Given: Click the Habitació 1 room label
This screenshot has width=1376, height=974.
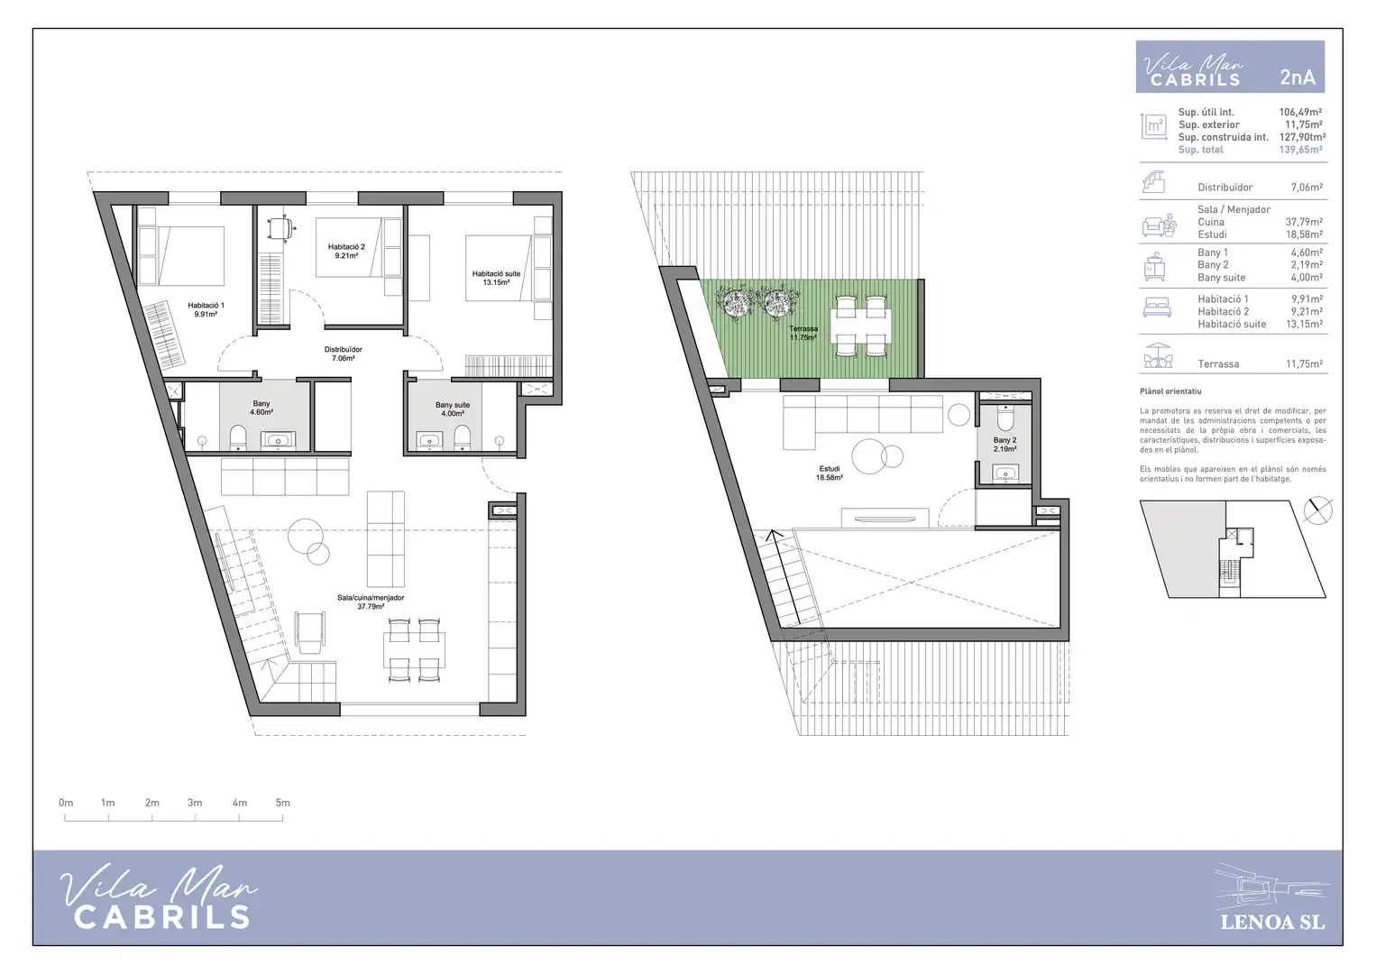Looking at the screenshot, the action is (206, 309).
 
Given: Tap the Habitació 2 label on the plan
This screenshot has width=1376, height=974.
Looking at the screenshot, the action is (346, 252).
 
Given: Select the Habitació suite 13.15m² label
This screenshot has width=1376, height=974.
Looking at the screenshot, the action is (496, 279).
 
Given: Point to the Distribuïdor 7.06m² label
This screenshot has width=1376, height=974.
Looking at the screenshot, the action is (343, 354).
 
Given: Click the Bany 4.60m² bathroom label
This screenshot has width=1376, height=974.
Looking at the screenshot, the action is (261, 408).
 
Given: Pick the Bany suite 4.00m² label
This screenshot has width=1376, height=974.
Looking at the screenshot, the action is (453, 409).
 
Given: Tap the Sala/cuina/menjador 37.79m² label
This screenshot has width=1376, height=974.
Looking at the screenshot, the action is (371, 602).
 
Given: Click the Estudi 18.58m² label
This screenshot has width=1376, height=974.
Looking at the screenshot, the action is (830, 473).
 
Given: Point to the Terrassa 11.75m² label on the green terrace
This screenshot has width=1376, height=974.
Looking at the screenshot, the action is (803, 333).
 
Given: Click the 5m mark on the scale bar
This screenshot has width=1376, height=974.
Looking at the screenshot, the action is (282, 803).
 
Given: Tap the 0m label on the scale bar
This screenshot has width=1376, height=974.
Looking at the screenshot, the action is (66, 803).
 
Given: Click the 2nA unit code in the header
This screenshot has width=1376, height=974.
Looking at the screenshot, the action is (1298, 78).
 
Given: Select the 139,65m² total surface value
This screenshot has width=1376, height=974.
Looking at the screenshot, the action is (1300, 150).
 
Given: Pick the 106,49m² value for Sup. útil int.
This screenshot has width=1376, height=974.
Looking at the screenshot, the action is (1300, 112).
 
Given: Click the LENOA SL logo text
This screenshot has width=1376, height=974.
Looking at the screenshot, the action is (1272, 923).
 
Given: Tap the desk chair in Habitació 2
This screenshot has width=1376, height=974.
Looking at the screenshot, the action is (280, 228).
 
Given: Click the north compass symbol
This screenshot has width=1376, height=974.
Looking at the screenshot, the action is (1318, 510).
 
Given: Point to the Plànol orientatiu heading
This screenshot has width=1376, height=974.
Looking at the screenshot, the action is (1170, 391).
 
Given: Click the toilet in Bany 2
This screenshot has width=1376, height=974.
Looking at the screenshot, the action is (1005, 418).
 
